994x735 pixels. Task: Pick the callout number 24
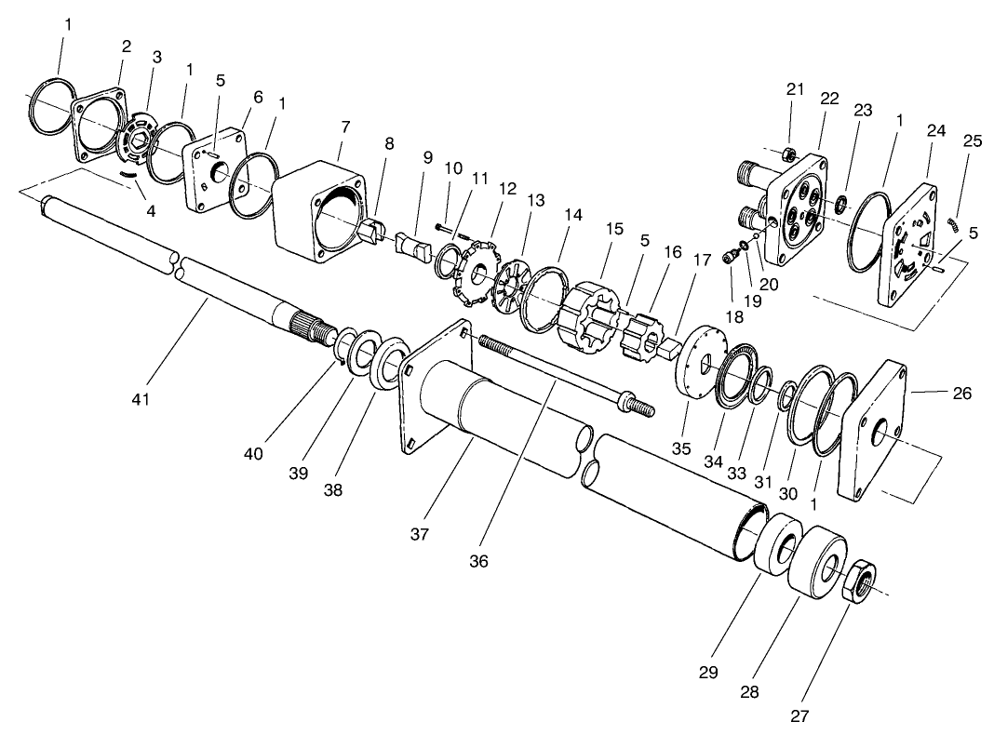[x=935, y=131]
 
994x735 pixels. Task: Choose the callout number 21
[x=794, y=88]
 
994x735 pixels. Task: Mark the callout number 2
[x=126, y=46]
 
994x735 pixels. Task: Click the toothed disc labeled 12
[x=476, y=274]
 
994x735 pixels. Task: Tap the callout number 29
[x=708, y=671]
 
